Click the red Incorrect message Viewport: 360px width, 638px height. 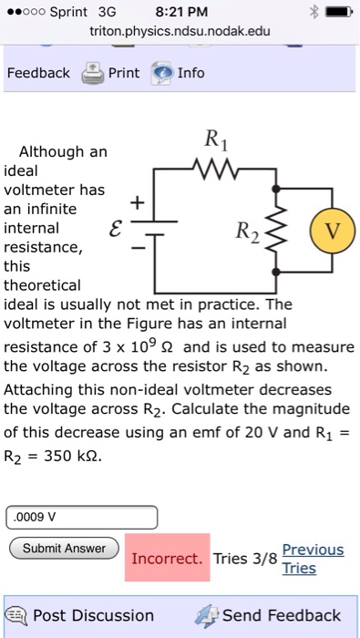(167, 558)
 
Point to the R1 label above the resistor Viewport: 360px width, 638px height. (216, 140)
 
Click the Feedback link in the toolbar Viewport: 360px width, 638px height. (37, 73)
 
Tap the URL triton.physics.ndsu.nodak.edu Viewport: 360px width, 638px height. (180, 32)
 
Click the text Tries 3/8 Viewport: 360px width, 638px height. (244, 559)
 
